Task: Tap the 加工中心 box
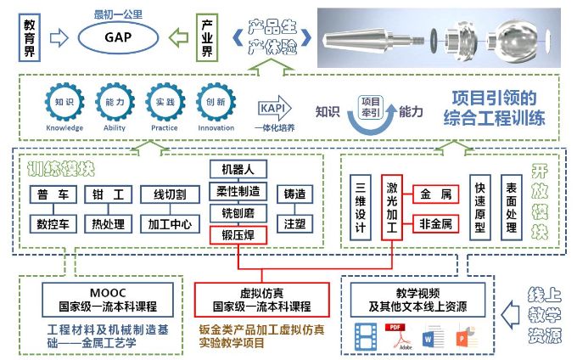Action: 170,224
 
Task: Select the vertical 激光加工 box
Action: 392,206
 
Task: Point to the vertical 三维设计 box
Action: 360,206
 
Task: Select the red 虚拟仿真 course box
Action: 260,300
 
